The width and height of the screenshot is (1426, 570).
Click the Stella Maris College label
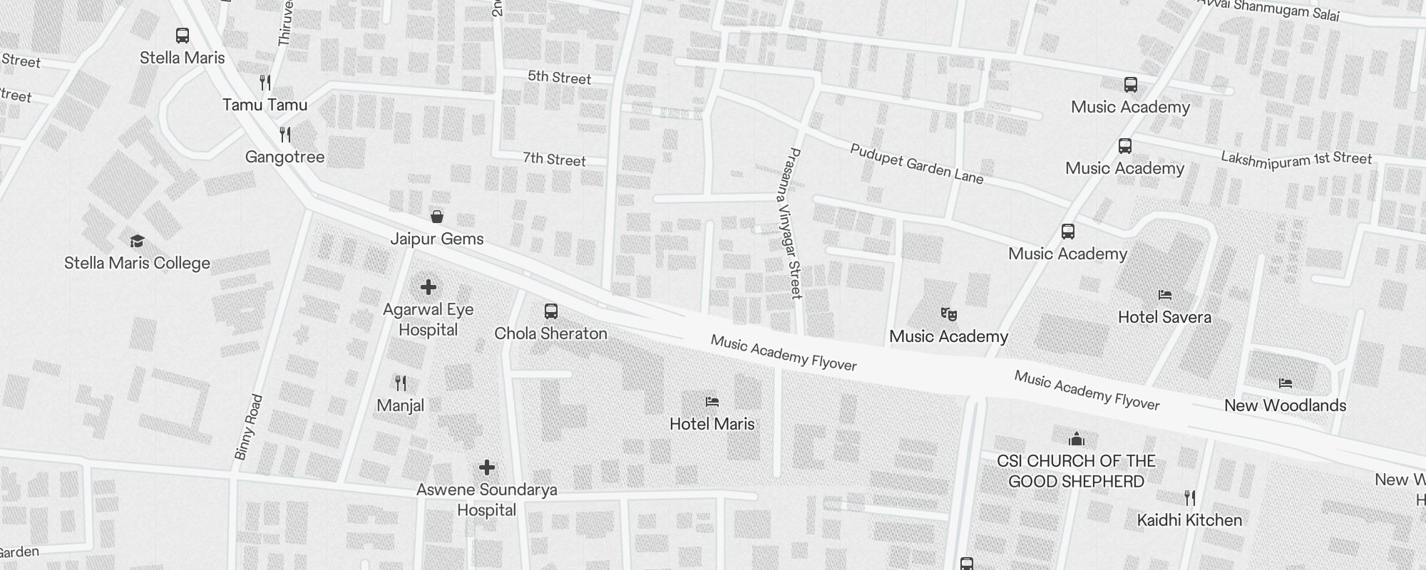pos(137,263)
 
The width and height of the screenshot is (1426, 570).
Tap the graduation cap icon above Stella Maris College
pos(137,241)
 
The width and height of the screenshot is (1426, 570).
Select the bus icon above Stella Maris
pos(183,35)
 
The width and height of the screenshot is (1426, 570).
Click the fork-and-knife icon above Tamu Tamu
pos(265,82)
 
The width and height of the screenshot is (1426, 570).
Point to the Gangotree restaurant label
pos(284,157)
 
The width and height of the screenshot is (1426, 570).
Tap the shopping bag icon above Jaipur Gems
pos(437,216)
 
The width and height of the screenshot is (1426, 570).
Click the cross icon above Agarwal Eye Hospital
pos(429,287)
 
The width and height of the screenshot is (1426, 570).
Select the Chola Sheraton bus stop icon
pos(551,311)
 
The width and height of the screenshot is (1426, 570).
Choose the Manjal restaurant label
pos(400,405)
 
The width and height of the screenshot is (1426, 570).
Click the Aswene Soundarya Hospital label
pos(487,499)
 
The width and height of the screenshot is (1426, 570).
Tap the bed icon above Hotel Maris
pos(712,401)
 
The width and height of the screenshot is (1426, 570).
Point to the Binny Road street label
pos(249,427)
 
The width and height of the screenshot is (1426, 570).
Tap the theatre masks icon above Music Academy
pos(948,313)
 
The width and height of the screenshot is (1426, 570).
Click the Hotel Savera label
pos(1164,317)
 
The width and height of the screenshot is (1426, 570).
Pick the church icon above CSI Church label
pos(1077,438)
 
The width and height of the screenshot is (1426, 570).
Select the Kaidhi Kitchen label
pos(1189,520)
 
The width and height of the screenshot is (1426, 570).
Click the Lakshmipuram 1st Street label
pos(1296,158)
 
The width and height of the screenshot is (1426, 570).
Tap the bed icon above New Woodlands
pos(1286,383)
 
